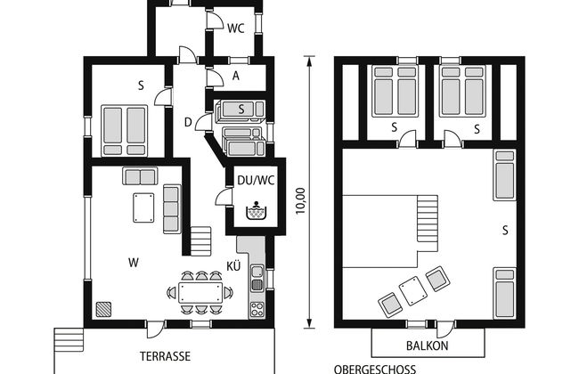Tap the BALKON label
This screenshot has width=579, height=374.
[428, 346]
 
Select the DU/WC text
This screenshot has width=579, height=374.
[256, 180]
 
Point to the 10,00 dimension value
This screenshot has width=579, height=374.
[301, 201]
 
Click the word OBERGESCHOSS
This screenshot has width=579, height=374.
[375, 369]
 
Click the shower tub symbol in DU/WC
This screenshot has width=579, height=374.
[256, 211]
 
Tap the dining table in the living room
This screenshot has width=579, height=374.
[200, 292]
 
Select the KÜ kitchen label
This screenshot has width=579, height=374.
[233, 266]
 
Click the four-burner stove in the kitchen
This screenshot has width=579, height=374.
[257, 309]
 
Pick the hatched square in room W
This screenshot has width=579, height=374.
[103, 309]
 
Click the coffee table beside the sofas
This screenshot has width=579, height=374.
[143, 207]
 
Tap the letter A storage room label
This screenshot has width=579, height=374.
[235, 76]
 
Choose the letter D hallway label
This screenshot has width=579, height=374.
[188, 122]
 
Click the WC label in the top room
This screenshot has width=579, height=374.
[235, 28]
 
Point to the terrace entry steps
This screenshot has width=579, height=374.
[69, 340]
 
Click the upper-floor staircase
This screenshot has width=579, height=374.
[428, 219]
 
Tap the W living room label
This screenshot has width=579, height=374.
[134, 263]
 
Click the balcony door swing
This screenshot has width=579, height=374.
[445, 329]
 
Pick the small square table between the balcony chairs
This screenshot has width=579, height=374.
[413, 291]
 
